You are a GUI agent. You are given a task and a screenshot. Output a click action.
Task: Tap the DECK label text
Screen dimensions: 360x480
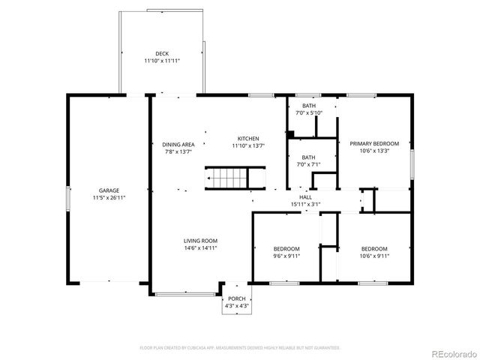pyautogui.click(x=162, y=54)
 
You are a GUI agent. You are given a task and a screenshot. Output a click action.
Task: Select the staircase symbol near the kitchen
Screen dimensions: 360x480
pyautogui.click(x=226, y=178)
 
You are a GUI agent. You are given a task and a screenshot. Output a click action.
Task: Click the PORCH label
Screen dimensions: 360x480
pyautogui.click(x=236, y=298)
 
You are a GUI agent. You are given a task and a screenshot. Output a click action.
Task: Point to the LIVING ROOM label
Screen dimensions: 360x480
pyautogui.click(x=200, y=241)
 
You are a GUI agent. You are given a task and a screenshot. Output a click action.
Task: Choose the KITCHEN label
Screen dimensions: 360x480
pyautogui.click(x=248, y=139)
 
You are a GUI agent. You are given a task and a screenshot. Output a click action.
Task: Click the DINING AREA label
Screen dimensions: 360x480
pyautogui.click(x=178, y=145)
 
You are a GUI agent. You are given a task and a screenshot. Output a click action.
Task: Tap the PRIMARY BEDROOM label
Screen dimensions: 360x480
pyautogui.click(x=374, y=143)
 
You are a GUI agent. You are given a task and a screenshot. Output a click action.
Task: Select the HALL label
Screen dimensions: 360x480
pyautogui.click(x=305, y=197)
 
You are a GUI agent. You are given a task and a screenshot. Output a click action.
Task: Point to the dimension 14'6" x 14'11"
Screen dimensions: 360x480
pyautogui.click(x=200, y=248)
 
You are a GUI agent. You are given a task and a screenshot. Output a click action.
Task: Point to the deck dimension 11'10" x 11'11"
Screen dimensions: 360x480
pyautogui.click(x=162, y=61)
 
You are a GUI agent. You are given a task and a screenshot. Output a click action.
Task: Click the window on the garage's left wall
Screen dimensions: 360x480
pyautogui.click(x=68, y=197)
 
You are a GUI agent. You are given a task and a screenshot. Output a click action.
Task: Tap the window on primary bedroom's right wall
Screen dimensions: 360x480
pyautogui.click(x=412, y=164)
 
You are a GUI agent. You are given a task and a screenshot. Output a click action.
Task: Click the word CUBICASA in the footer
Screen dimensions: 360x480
pyautogui.click(x=193, y=348)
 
